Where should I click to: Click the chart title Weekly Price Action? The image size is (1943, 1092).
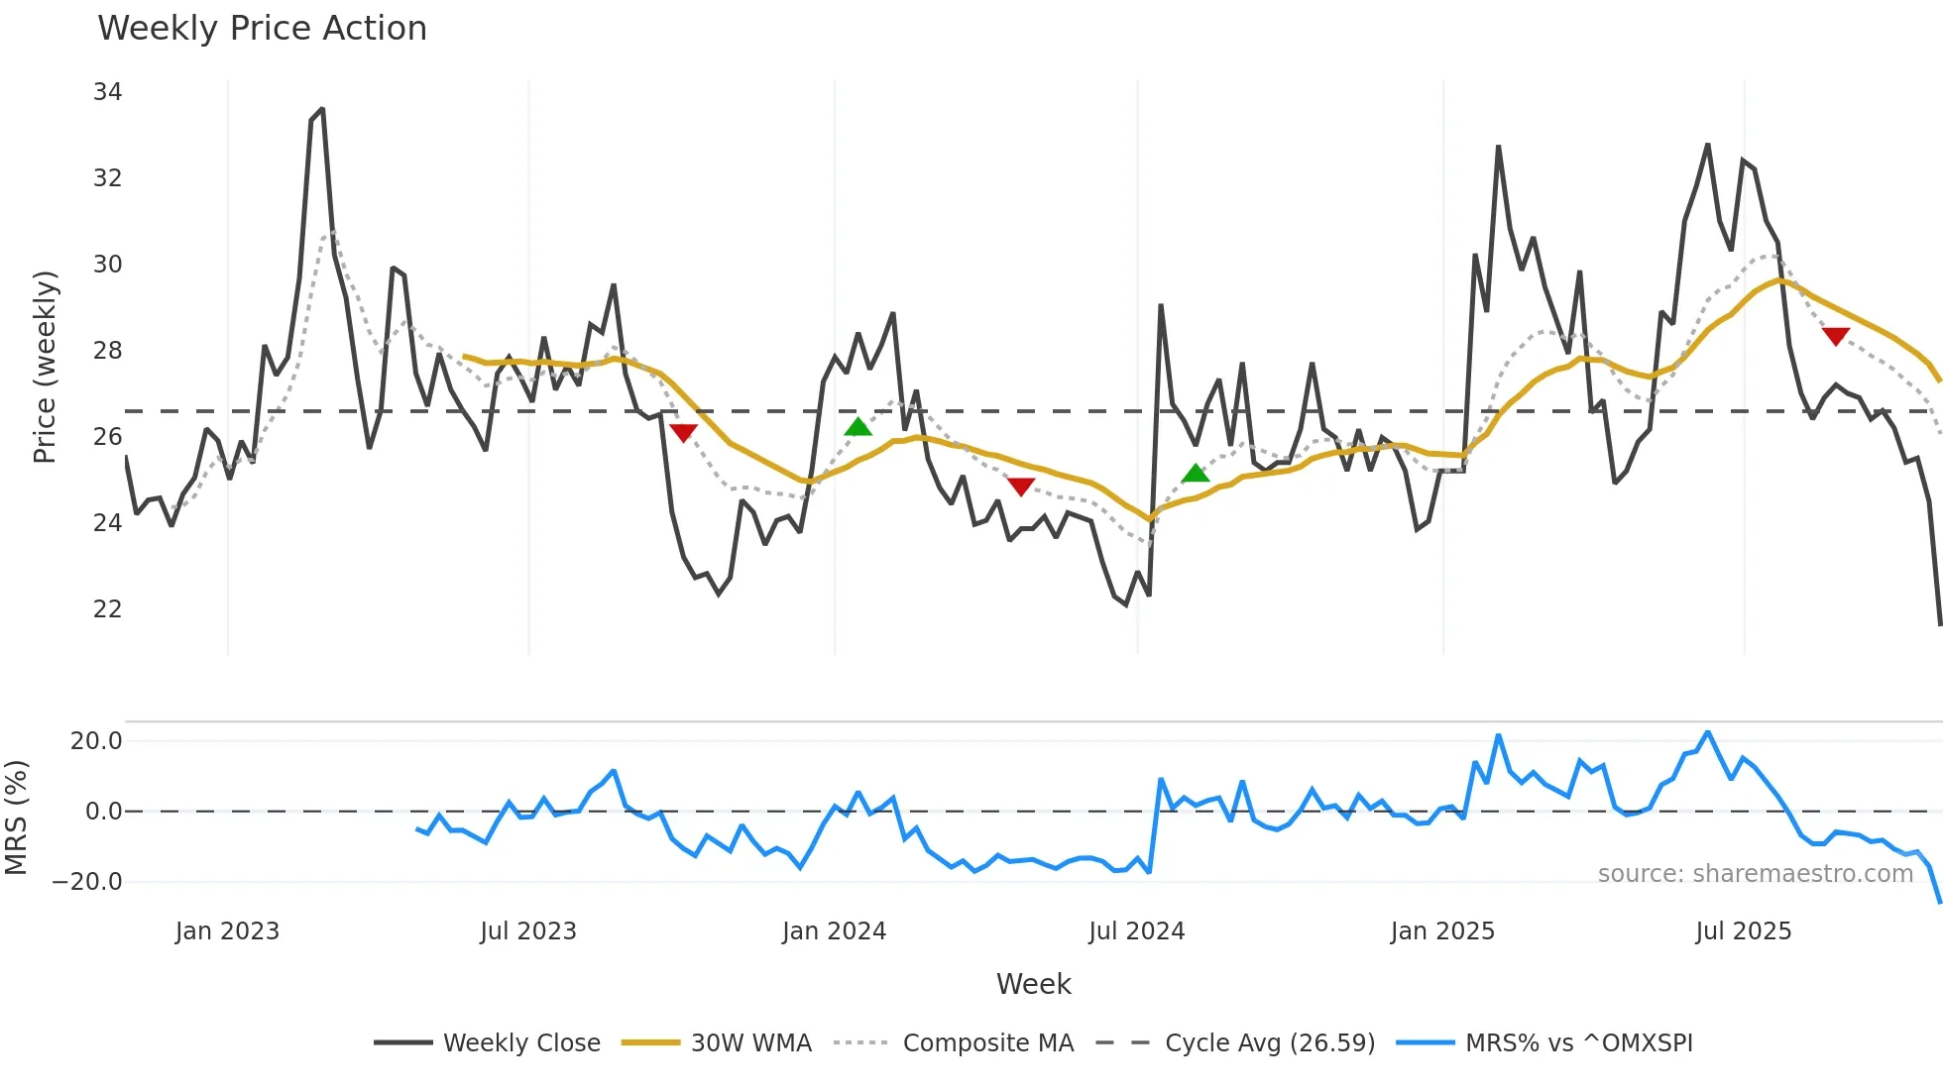coord(262,29)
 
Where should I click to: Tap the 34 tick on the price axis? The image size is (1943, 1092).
coord(107,92)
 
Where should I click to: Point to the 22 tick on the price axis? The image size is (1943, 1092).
coord(107,609)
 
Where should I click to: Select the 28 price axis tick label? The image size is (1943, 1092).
coord(107,351)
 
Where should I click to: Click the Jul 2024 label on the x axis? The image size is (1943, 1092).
coord(1136,931)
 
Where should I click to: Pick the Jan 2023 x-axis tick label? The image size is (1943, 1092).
coord(227,931)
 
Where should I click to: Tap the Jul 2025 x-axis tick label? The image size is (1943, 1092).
coord(1743,931)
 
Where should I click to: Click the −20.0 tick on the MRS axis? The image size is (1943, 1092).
coord(87,882)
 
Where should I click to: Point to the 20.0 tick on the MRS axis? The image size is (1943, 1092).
coord(96,741)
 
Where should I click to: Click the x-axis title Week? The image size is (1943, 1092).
coord(1033,984)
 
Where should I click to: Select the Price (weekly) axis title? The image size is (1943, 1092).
coord(45,367)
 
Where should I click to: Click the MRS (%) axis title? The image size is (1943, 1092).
coord(16,818)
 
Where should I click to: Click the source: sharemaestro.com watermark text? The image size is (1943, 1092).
coord(1755,874)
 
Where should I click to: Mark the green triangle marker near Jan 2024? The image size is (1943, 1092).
coord(857,427)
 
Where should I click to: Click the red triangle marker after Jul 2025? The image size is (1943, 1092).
coord(1836,337)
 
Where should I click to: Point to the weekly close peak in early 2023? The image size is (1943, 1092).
coord(321,110)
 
